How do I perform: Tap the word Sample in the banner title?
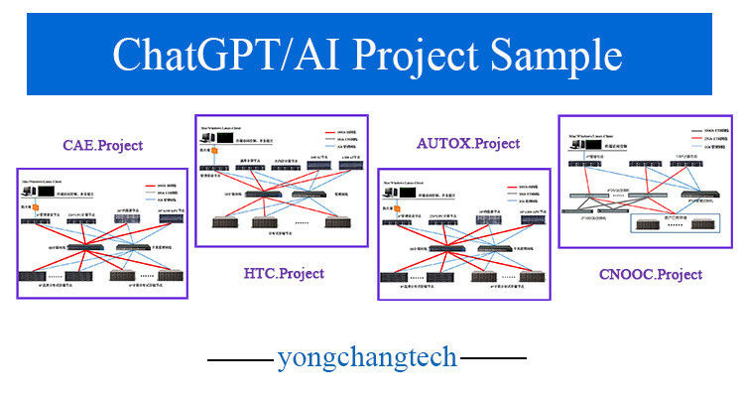[558, 55]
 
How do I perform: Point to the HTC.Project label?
[283, 273]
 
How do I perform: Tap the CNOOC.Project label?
[651, 274]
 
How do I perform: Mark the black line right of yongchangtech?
[493, 357]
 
